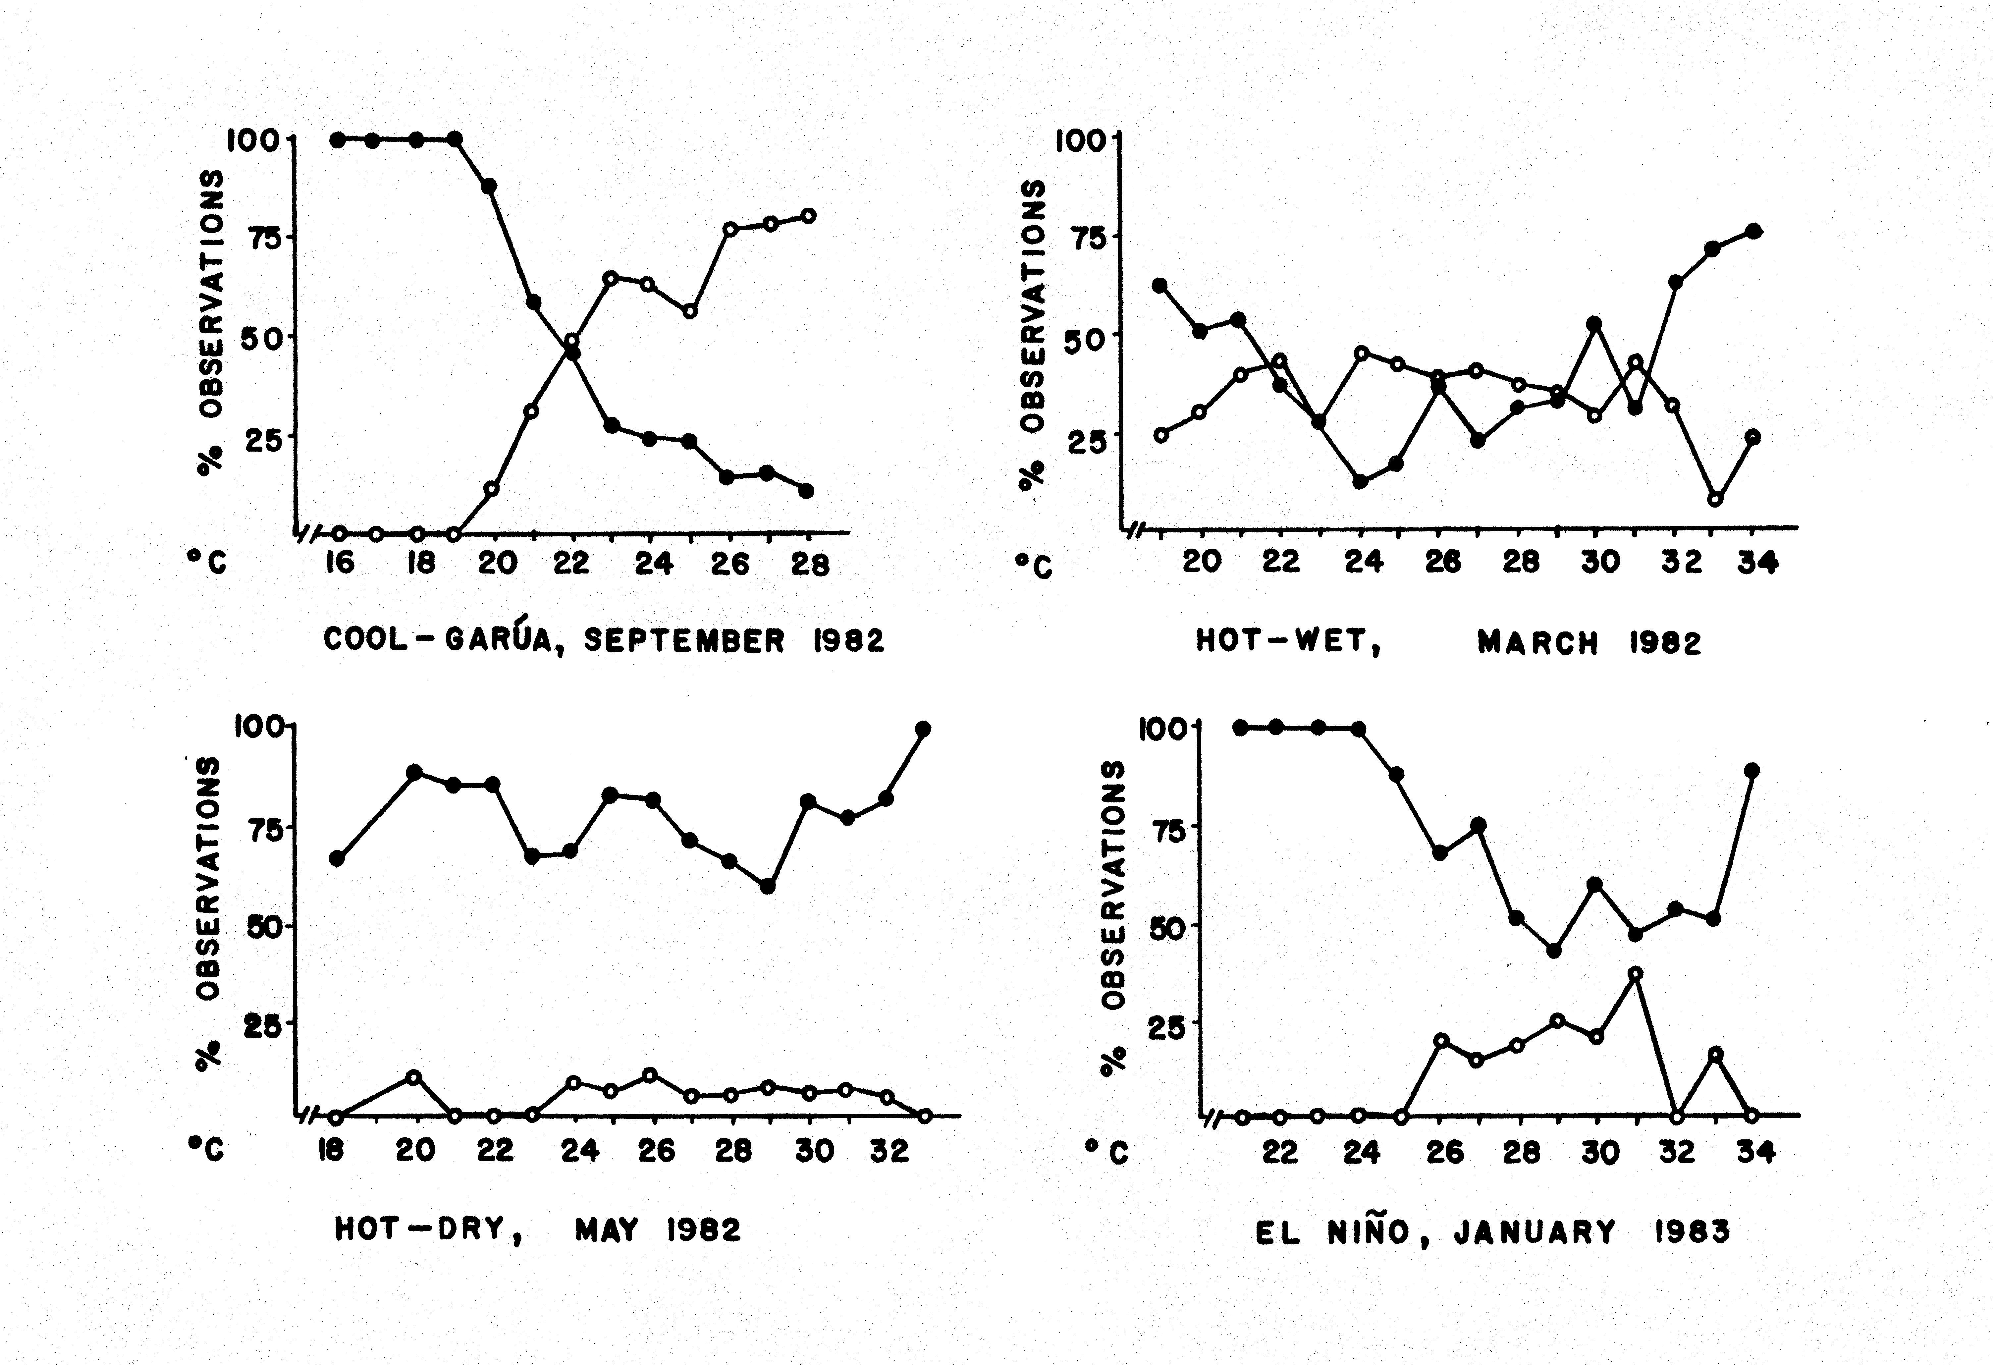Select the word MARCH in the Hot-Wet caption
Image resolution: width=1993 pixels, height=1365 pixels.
point(1537,643)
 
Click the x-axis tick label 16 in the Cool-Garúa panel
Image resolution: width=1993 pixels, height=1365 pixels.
point(340,563)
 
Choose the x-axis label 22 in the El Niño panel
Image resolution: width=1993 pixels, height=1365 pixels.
point(1279,1152)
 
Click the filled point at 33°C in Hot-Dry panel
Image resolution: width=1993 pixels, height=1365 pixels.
point(923,729)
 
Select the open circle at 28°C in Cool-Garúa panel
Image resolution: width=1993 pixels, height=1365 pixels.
point(808,215)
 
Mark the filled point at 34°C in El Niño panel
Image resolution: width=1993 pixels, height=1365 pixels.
point(1752,770)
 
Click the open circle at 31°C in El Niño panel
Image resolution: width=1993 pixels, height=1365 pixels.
point(1636,973)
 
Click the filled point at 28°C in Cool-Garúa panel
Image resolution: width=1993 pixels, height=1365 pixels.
point(806,490)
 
